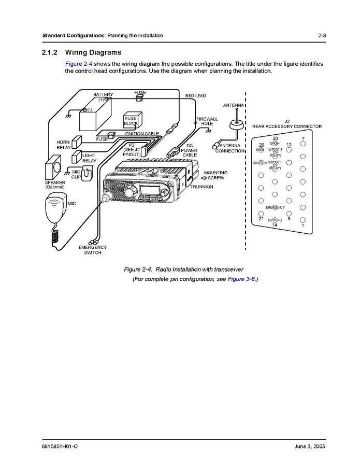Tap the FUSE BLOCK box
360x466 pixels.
[x=131, y=121]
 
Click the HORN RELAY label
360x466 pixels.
[x=63, y=145]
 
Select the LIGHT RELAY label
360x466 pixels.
[x=89, y=158]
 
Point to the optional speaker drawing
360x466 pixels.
[x=53, y=170]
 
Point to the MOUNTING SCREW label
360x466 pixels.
[x=215, y=175]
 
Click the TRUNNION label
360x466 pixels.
[x=201, y=187]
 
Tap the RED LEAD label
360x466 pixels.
[x=196, y=96]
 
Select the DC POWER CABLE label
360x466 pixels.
[x=190, y=150]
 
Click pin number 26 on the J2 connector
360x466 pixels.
[x=261, y=145]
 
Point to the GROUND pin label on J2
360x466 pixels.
[x=275, y=220]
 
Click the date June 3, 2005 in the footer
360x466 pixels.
[x=307, y=446]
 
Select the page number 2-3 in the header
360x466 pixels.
[x=322, y=36]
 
